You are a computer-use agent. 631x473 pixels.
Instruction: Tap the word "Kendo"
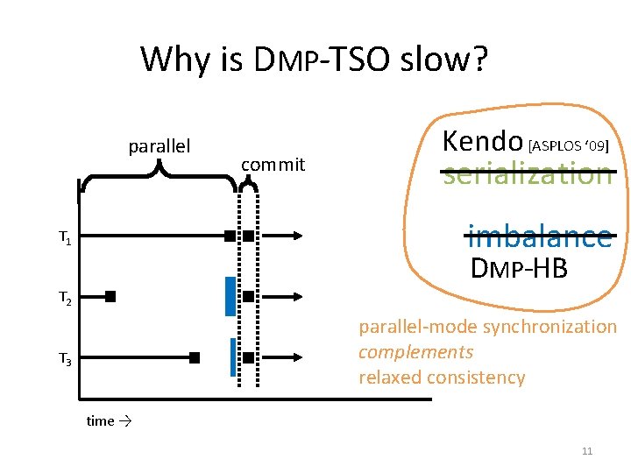483,141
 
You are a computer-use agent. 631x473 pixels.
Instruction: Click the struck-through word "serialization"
528,173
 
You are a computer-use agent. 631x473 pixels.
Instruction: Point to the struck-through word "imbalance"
539,236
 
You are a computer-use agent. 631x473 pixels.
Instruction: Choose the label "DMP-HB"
519,268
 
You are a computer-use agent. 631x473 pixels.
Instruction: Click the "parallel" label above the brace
160,145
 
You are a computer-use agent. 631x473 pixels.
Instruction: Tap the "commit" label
273,164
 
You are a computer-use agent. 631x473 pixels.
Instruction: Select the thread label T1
65,236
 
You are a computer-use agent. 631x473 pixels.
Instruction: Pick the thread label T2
65,299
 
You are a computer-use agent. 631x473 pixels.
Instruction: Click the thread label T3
65,359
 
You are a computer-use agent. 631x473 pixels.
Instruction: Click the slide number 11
587,451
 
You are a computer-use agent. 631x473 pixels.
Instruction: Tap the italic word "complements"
415,352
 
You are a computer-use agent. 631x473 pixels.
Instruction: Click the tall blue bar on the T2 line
230,296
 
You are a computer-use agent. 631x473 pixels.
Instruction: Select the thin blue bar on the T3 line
233,357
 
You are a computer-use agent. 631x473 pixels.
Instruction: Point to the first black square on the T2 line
110,297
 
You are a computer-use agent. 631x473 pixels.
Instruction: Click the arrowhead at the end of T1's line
299,236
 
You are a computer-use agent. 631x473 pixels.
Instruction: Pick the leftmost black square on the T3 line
195,357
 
